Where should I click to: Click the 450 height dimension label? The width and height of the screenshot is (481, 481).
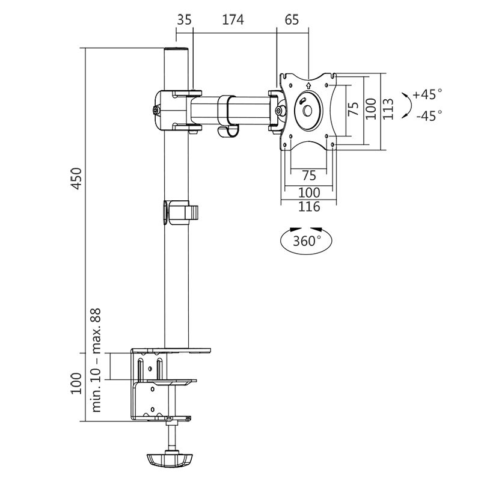(76, 177)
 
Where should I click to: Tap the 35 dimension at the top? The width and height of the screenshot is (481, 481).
(185, 19)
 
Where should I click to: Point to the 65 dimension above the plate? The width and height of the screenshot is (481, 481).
(292, 19)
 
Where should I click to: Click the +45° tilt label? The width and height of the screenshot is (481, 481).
(427, 94)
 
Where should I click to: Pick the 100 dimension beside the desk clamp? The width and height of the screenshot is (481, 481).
(76, 383)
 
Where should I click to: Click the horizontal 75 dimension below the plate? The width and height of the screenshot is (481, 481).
(308, 175)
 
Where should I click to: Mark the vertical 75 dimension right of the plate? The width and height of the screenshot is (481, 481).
(354, 108)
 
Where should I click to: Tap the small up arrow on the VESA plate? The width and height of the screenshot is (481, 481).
(307, 87)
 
